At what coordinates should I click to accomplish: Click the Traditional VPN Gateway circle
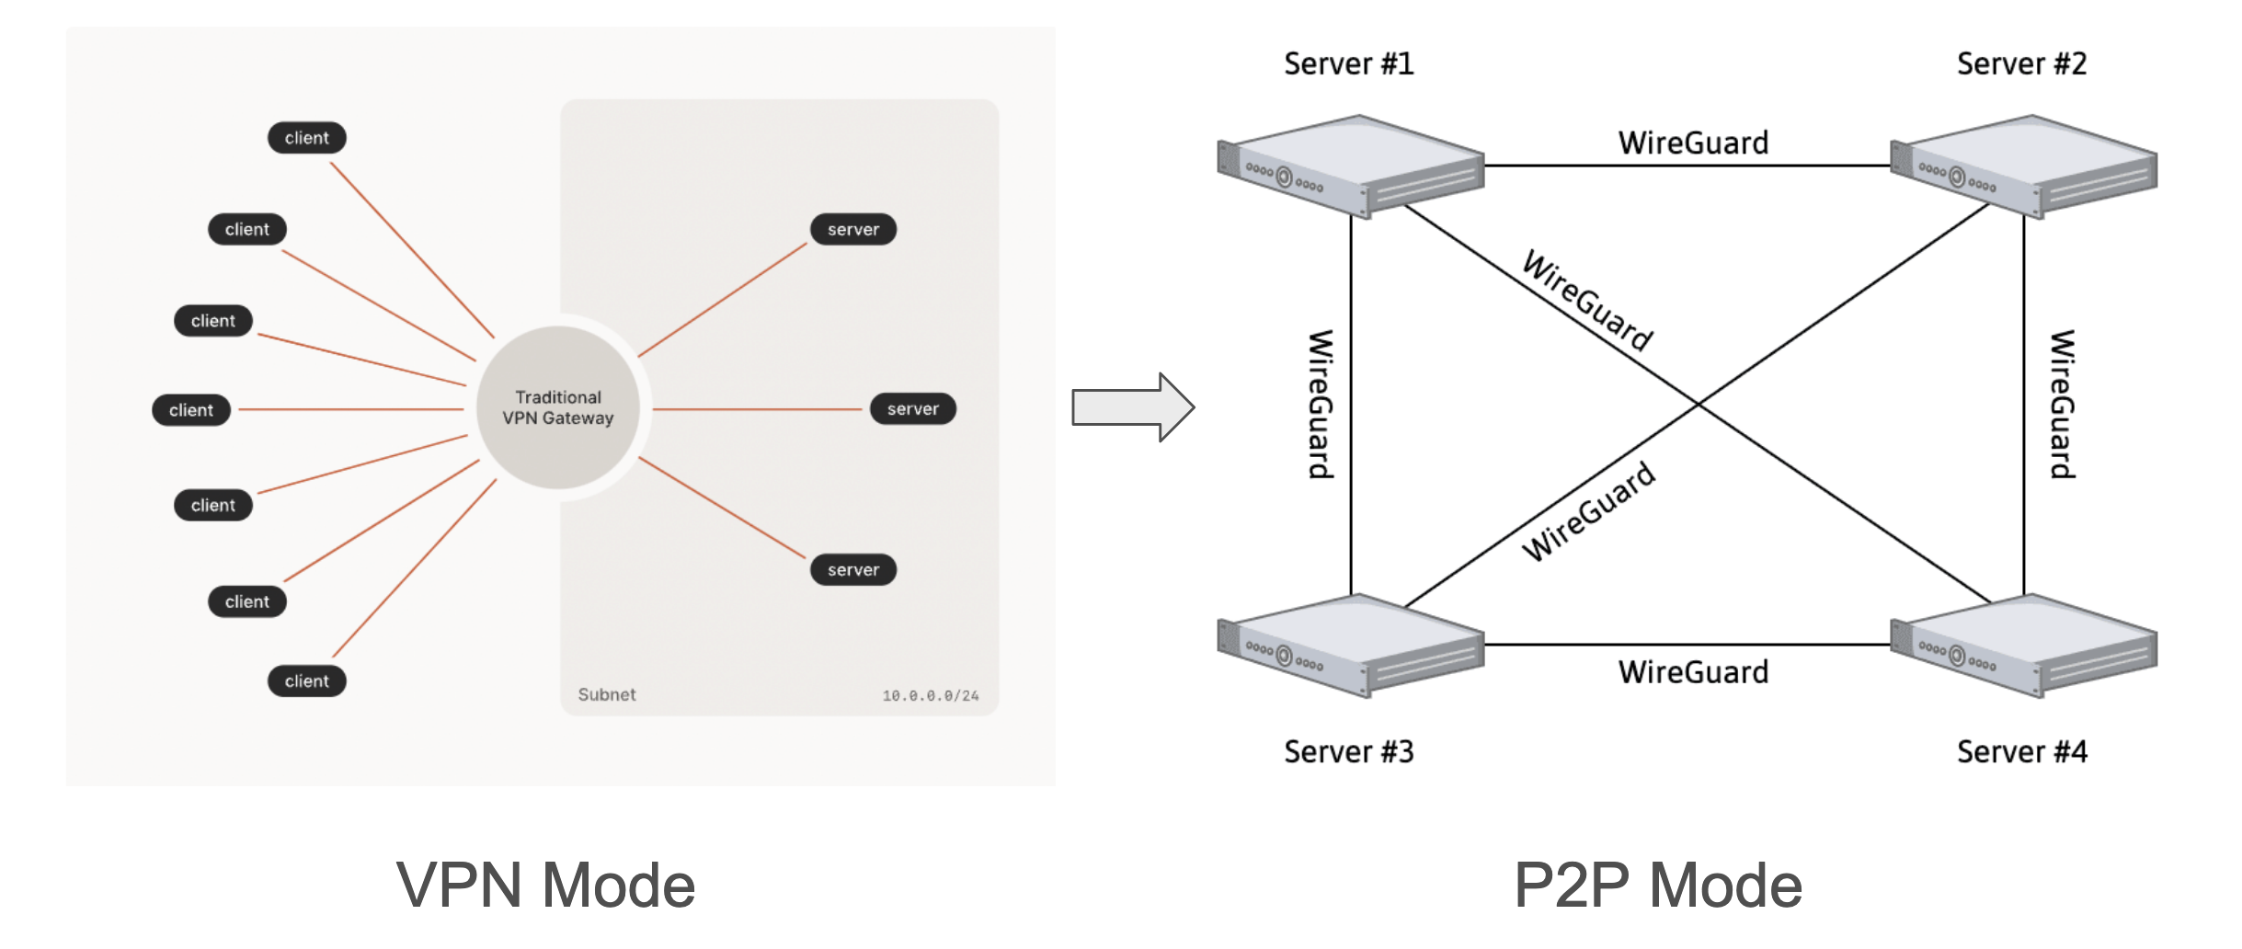coord(557,407)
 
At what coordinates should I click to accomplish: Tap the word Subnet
coord(606,694)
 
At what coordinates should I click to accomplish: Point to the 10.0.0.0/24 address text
coord(930,695)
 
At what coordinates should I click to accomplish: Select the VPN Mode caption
coord(545,886)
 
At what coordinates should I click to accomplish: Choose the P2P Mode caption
coord(1657,886)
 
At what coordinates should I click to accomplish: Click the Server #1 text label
coord(1348,63)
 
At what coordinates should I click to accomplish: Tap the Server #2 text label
coord(2021,63)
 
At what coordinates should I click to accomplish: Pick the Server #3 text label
coord(1348,751)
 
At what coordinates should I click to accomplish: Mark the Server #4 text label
coord(2021,751)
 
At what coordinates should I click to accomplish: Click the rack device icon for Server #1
coord(1350,166)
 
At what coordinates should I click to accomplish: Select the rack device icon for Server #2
coord(2023,166)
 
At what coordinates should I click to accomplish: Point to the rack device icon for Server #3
coord(1350,645)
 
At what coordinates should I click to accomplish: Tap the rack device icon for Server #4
coord(2023,645)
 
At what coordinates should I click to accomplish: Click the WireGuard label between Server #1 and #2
coord(1693,143)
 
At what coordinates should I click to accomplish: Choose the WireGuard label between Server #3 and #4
coord(1693,671)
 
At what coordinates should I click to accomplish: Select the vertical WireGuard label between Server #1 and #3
coord(1321,405)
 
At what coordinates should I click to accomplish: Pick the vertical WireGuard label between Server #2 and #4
coord(2062,405)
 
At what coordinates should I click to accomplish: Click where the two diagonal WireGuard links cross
coord(1699,404)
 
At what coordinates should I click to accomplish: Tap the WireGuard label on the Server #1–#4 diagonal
coord(1588,301)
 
